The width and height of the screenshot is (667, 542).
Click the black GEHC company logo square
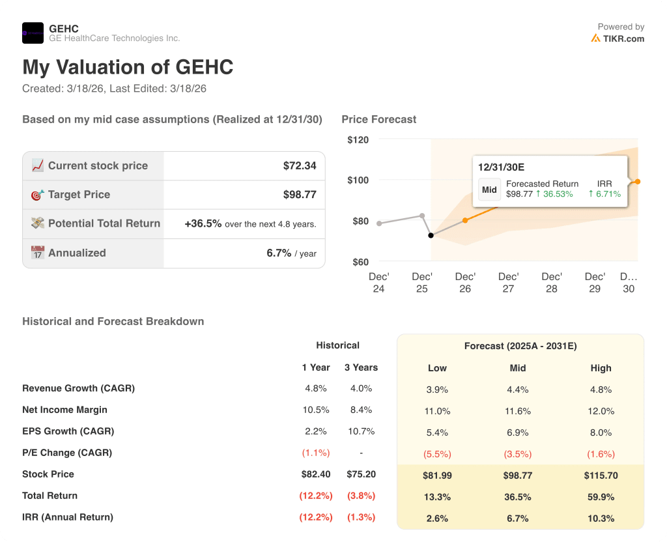[x=33, y=33]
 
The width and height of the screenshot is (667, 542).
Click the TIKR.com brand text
[x=623, y=38]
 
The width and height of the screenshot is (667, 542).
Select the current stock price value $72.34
[x=300, y=165]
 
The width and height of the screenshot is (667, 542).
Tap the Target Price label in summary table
[x=79, y=195]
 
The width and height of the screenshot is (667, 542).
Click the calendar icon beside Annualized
[x=38, y=253]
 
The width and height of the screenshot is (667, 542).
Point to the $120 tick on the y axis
[x=358, y=139]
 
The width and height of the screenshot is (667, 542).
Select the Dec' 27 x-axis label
[x=508, y=282]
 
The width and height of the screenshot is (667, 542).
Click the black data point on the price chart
[x=431, y=235]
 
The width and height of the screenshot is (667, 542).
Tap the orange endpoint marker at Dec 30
[x=638, y=182]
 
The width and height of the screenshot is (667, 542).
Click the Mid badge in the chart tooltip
[x=489, y=190]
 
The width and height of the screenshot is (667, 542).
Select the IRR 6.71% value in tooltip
[x=604, y=193]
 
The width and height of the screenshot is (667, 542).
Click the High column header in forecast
[x=601, y=368]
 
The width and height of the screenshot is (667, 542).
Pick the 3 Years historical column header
[x=361, y=367]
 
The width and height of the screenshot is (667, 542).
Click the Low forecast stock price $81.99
[x=437, y=476]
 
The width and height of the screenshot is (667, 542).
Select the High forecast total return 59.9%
[x=601, y=497]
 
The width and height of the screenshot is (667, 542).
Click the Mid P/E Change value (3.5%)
[x=518, y=454]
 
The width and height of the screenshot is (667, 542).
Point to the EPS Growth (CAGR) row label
[x=68, y=431]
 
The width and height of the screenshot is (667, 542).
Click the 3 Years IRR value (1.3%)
[x=361, y=517]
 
